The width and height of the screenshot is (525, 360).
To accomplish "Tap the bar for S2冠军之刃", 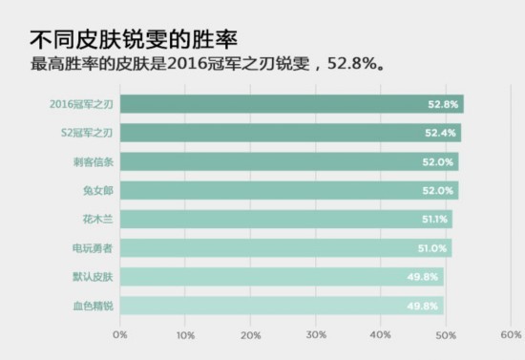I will tap(290, 133).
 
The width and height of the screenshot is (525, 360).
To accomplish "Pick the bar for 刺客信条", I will tap(289, 161).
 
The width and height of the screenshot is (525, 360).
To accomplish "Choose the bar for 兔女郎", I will tap(289, 190).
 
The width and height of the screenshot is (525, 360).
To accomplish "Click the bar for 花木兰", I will tap(286, 220).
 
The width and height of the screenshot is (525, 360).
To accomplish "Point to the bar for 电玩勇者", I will tap(285, 248).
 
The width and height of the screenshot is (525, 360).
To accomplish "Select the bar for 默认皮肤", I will tap(282, 277).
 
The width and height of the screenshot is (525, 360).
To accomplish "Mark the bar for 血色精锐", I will tap(282, 306).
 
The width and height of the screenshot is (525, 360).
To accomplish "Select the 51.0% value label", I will tap(433, 248).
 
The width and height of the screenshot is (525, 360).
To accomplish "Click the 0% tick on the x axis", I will tap(120, 335).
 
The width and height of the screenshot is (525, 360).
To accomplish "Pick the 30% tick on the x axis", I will tap(316, 335).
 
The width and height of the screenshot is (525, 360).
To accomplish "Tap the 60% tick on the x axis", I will tap(511, 335).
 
